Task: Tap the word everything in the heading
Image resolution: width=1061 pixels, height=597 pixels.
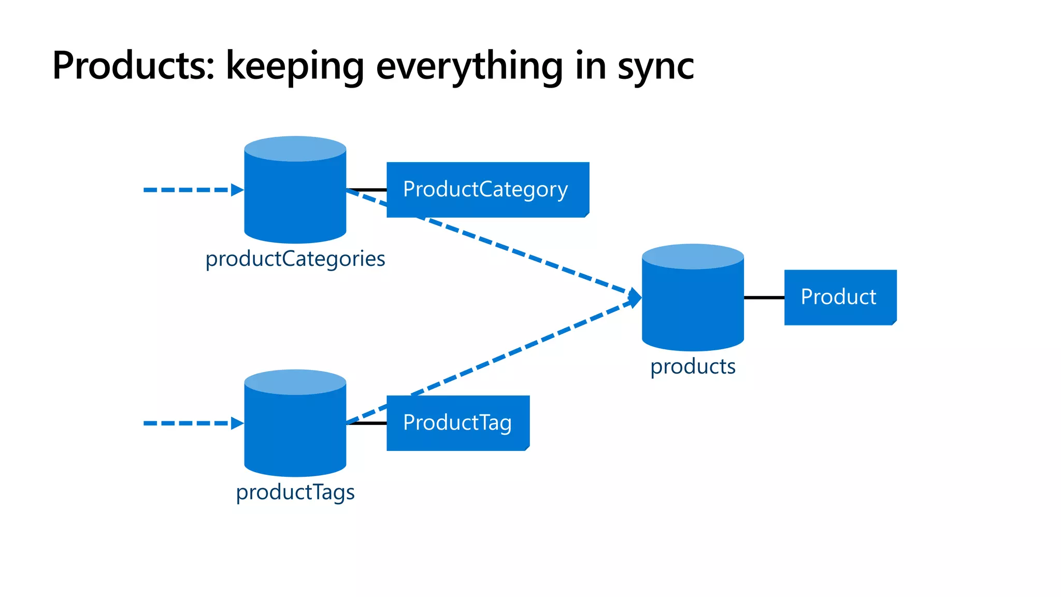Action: coord(469,67)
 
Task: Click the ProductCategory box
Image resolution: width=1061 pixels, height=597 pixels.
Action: coord(487,190)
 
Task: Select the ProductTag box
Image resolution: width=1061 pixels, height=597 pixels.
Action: coord(457,423)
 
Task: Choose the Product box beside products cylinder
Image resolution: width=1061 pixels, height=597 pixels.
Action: coord(840,297)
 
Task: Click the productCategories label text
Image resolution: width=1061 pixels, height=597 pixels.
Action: coord(295,259)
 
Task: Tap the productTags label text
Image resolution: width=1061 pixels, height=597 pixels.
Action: coord(295,492)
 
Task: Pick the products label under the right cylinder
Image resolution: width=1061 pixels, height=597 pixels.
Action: coord(693,366)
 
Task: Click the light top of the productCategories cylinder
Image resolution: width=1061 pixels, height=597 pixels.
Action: coord(295,149)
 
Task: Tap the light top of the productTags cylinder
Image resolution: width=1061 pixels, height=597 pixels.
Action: coord(295,382)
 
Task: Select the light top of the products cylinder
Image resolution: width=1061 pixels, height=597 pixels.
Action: coord(693,257)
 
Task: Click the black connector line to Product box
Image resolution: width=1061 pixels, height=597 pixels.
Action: coord(764,297)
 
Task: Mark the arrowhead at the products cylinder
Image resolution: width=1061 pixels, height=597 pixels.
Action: coord(635,297)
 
